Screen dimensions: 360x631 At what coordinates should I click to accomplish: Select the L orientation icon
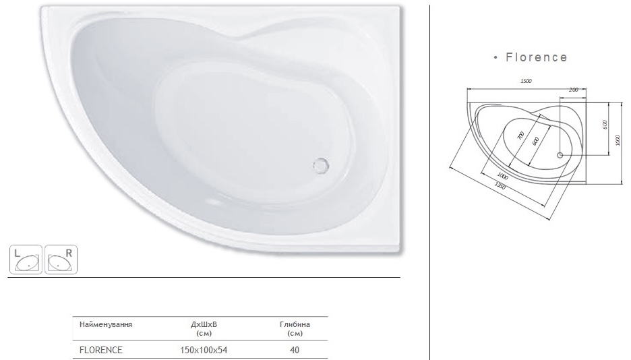point(26,258)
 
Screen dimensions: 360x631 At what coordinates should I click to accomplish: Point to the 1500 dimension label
point(526,81)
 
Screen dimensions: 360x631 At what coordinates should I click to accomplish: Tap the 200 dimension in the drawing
point(573,90)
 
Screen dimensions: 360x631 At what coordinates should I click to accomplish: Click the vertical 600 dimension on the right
point(605,125)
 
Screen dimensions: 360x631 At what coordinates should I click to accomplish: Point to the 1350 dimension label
point(500,186)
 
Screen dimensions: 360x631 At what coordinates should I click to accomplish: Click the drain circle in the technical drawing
point(560,155)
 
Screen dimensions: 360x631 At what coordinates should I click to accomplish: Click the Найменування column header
point(105,324)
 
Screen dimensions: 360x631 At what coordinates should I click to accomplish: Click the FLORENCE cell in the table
point(100,350)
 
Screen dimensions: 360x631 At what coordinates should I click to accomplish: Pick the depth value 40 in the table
point(295,350)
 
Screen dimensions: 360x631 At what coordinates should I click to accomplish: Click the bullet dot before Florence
point(495,58)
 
